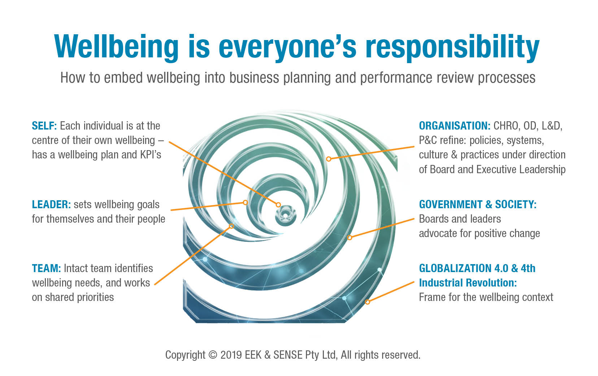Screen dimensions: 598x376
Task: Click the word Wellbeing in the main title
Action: click(x=116, y=46)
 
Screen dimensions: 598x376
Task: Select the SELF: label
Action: click(x=44, y=126)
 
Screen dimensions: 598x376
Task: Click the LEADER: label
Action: click(x=51, y=204)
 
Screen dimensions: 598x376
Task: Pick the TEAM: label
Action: click(x=47, y=268)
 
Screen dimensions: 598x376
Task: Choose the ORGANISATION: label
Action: click(x=455, y=126)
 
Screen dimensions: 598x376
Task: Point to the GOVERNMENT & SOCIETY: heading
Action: click(x=478, y=204)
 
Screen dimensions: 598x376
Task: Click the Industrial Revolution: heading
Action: click(x=468, y=283)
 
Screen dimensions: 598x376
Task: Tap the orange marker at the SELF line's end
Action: click(x=278, y=205)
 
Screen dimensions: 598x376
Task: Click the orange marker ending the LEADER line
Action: click(x=245, y=202)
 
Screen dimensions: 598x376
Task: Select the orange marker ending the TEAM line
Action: click(x=231, y=226)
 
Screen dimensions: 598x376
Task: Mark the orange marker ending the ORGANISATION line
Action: click(x=329, y=159)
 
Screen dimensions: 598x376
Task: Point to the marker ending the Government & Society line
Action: click(x=350, y=237)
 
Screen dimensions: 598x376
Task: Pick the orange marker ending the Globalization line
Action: click(x=367, y=302)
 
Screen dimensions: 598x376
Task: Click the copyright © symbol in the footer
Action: click(x=213, y=355)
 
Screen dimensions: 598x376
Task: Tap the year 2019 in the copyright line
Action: click(x=231, y=355)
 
